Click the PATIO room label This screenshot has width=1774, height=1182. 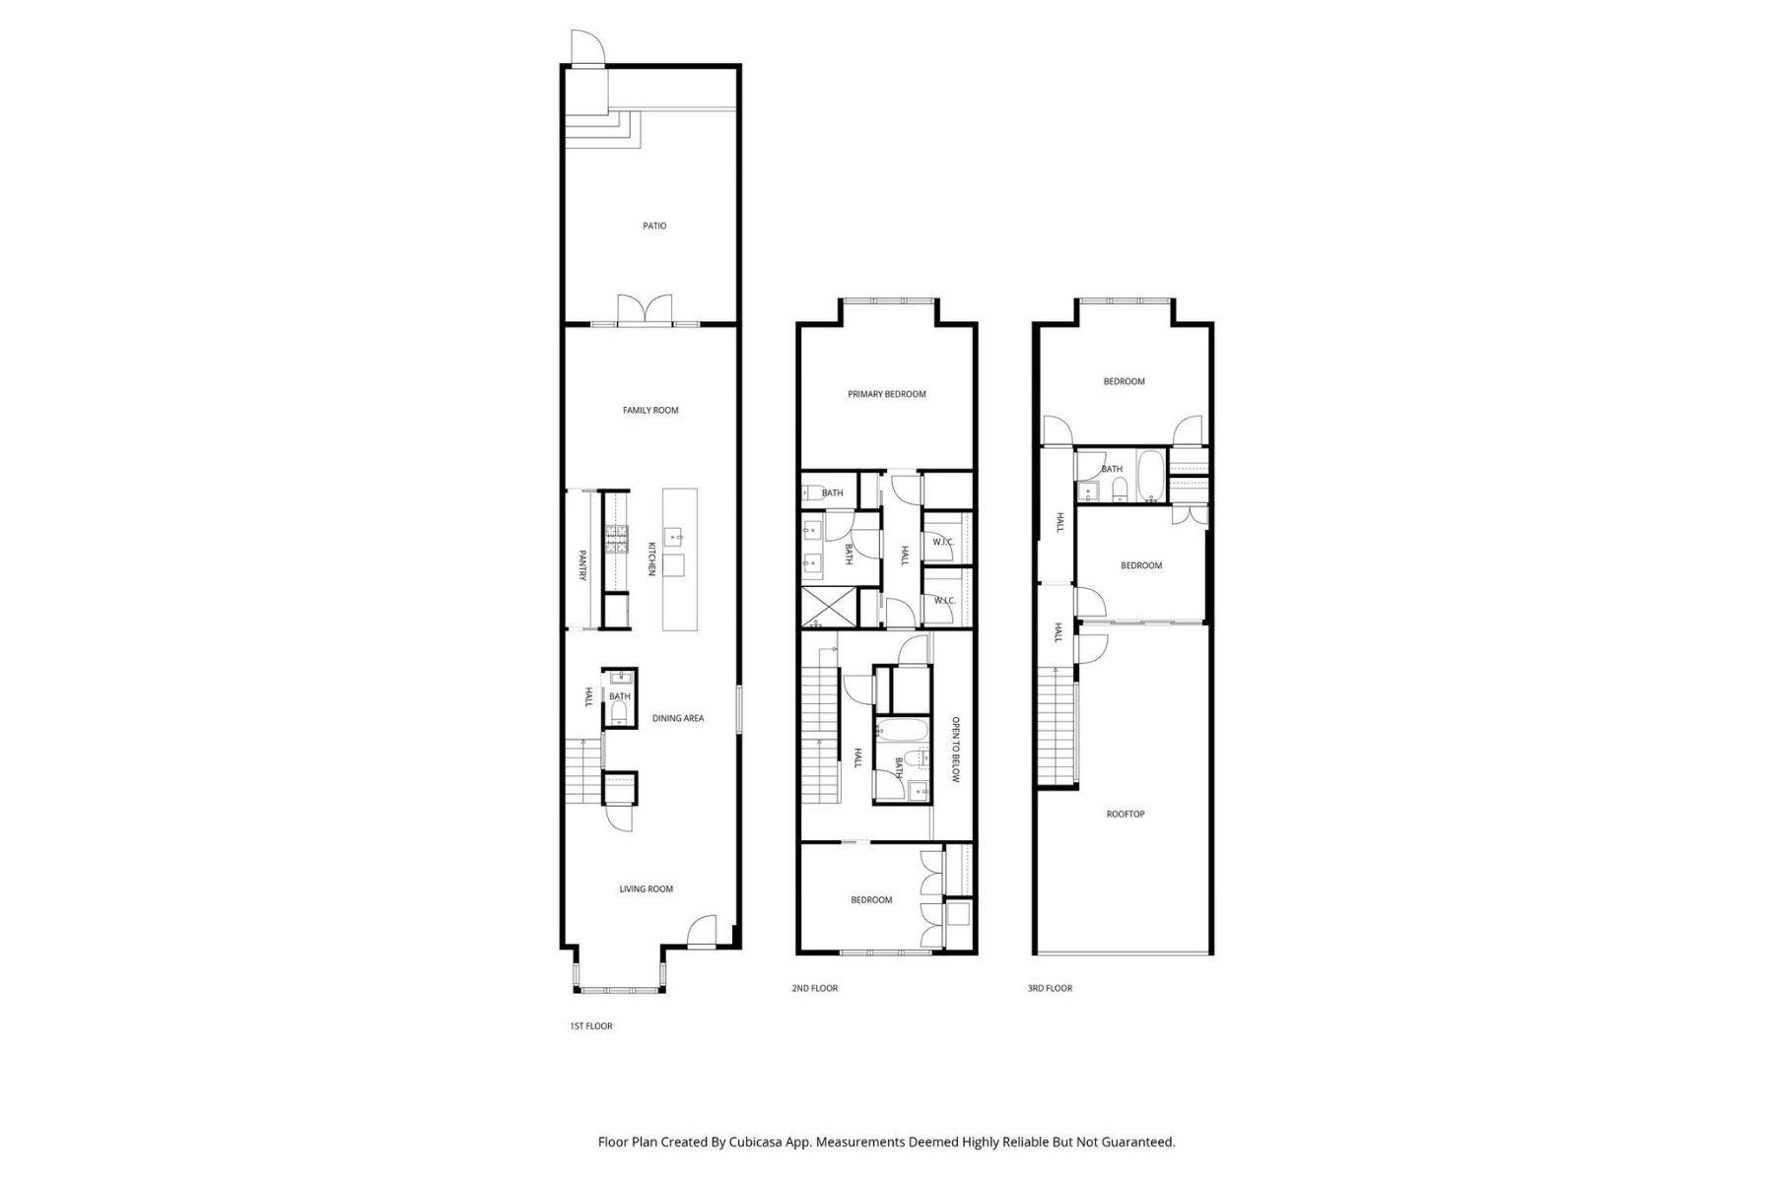654,226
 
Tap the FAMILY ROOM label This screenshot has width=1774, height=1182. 650,410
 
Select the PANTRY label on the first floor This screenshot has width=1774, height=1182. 582,565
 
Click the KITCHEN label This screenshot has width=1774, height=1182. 651,559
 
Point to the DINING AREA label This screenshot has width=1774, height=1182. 678,718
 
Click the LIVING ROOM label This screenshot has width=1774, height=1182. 646,888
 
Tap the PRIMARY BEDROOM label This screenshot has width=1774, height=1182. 887,394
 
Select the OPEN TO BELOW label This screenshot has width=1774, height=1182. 955,749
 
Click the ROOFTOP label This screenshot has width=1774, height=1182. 1126,814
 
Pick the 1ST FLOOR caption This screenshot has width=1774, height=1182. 591,1025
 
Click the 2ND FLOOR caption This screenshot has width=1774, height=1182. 815,988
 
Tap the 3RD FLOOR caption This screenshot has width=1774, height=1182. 1050,988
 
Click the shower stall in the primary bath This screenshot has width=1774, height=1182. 826,607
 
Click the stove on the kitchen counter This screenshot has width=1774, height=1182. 617,540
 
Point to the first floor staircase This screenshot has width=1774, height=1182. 582,771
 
